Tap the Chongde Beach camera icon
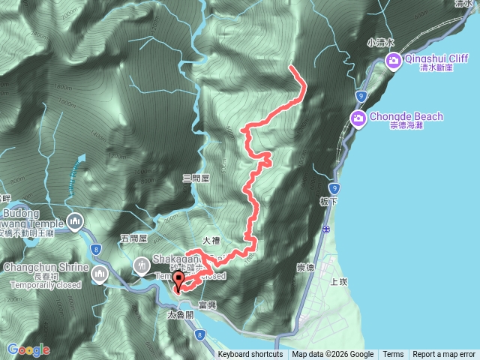[358, 118]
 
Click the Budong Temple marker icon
[75, 222]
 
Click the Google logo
[28, 349]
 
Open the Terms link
[393, 355]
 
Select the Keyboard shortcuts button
[250, 355]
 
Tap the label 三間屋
[195, 178]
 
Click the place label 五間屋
[132, 238]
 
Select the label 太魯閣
[180, 316]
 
